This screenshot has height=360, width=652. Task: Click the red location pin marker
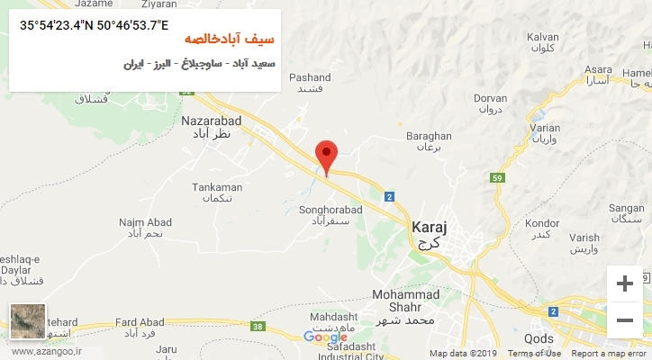pyautogui.click(x=327, y=155)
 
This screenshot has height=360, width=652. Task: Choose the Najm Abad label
pyautogui.click(x=144, y=221)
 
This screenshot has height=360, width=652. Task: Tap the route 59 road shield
pyautogui.click(x=497, y=178)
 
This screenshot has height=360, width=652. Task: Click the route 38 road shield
pyautogui.click(x=259, y=326)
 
